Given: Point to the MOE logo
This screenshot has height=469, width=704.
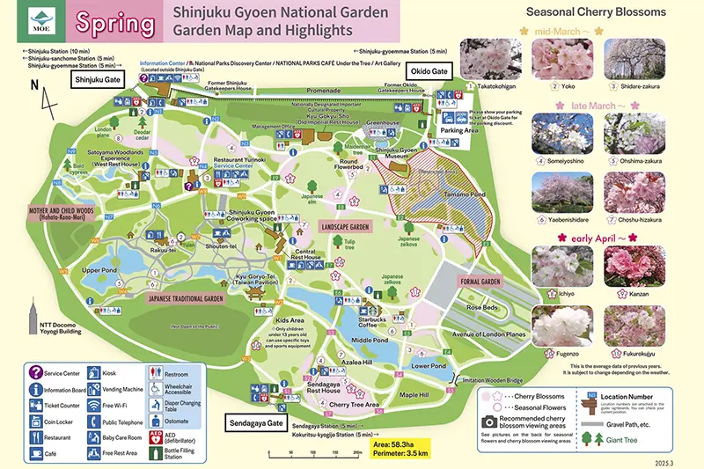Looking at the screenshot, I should [40, 22].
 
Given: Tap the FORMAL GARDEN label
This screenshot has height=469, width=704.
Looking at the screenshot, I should [480, 281].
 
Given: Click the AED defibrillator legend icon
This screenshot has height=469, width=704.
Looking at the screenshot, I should [157, 438].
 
